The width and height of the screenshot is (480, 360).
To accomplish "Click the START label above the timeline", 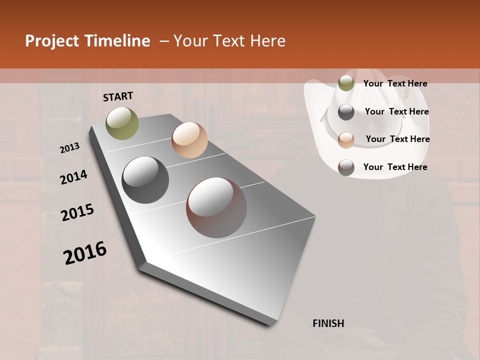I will [118, 96].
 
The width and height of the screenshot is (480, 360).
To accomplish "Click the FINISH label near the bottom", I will [328, 323].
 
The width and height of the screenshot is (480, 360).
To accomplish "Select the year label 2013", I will [69, 148].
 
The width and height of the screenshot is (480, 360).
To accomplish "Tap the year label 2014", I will [73, 177].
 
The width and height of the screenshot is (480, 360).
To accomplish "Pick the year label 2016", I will [85, 253].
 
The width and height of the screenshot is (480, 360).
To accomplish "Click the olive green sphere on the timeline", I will [122, 123].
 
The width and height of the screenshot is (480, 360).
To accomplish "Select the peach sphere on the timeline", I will [189, 140].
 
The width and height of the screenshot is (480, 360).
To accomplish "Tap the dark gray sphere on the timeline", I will [145, 180].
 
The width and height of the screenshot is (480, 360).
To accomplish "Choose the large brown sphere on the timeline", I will [216, 207].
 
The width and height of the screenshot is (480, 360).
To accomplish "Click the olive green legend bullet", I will [346, 83].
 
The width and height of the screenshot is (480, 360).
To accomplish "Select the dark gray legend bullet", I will [346, 112].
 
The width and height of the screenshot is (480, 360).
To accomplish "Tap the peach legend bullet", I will [346, 139].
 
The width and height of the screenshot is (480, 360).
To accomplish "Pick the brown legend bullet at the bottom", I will [346, 167].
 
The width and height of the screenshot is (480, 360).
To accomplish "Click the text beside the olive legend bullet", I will [395, 83].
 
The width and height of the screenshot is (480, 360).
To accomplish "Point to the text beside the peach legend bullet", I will [397, 139].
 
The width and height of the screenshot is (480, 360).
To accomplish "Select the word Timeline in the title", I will [118, 41].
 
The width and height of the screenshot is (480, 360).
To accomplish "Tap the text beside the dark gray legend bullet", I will [396, 111].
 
